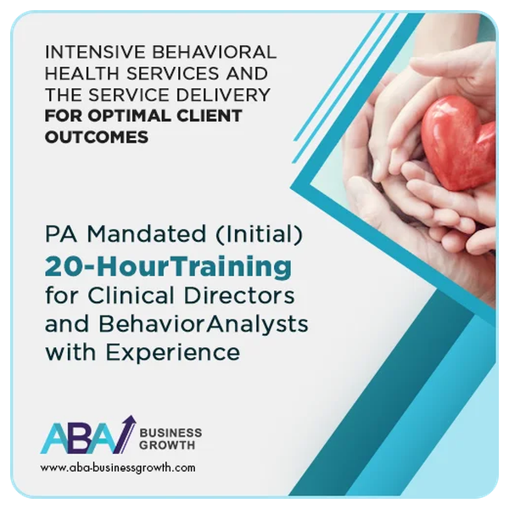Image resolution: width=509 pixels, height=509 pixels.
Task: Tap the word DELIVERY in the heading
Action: [223, 94]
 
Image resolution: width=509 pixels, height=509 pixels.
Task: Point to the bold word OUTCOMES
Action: [97, 137]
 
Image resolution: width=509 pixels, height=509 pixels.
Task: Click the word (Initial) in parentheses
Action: [259, 234]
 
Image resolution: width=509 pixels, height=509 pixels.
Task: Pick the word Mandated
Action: [147, 233]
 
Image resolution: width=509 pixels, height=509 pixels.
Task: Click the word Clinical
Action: [131, 295]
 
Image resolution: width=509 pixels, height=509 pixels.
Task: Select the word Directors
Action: [239, 295]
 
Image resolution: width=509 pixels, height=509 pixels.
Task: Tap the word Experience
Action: [173, 353]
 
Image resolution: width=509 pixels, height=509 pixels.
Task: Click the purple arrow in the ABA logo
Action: [125, 434]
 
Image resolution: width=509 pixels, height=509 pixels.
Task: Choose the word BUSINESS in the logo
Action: [171, 433]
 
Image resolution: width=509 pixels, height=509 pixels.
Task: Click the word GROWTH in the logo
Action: [167, 445]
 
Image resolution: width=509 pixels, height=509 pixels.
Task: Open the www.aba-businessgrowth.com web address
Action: [118, 467]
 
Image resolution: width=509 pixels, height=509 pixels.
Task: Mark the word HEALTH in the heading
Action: [82, 73]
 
